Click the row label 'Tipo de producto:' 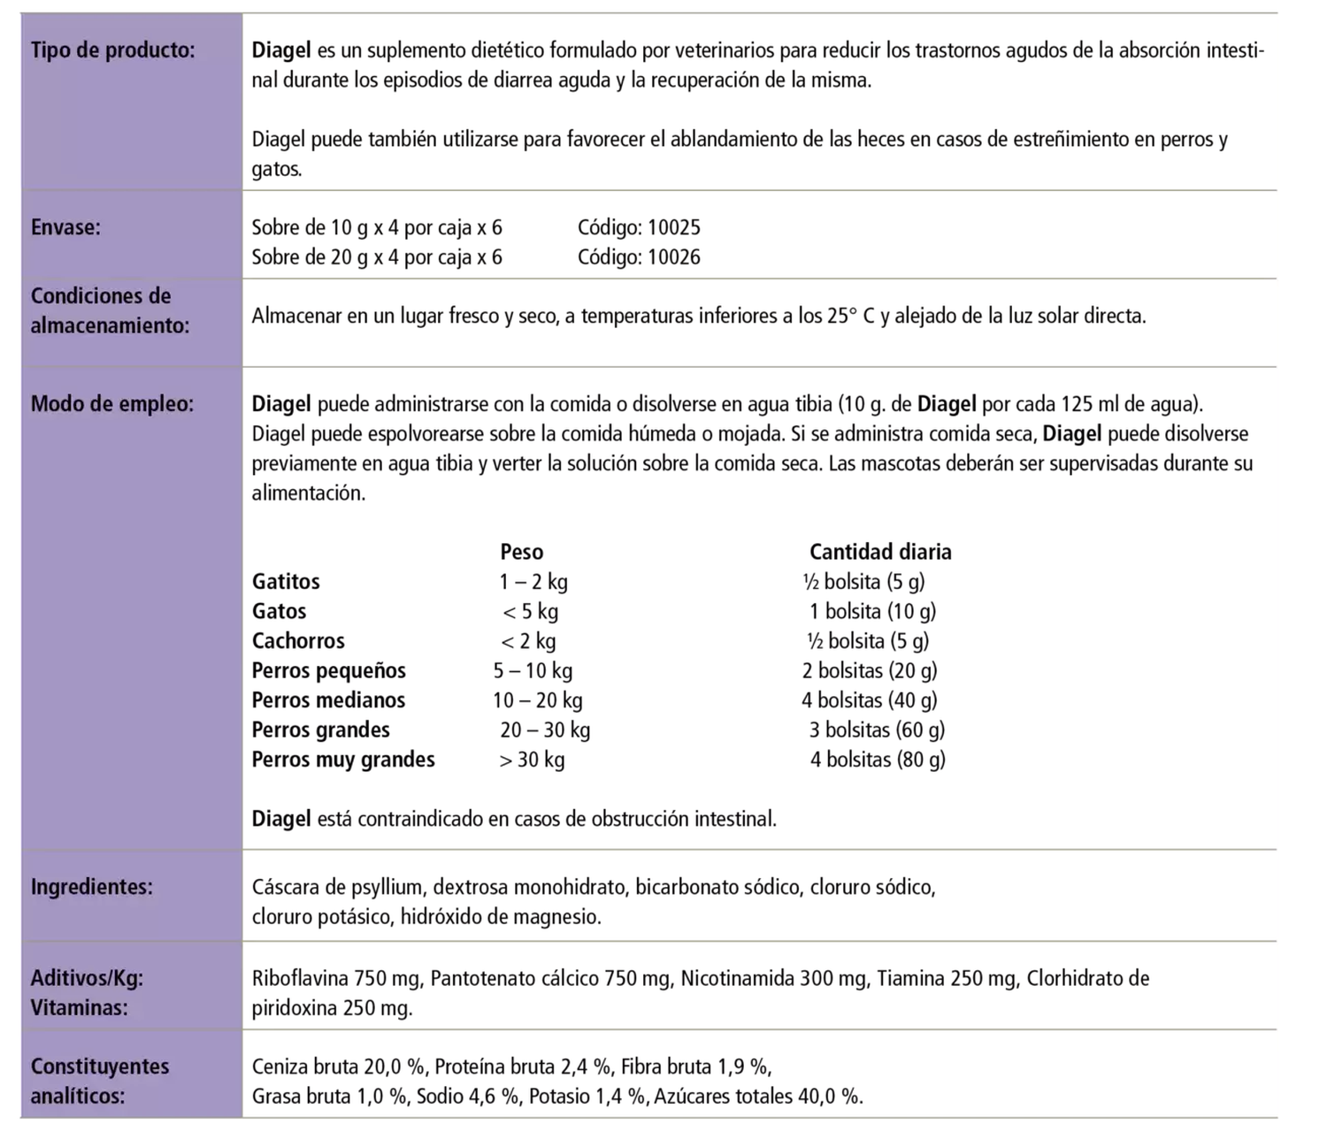click(x=112, y=50)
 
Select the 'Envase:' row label click(x=65, y=227)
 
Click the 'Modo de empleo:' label click(x=111, y=404)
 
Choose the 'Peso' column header click(x=521, y=552)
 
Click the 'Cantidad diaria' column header click(x=880, y=552)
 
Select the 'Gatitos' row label click(x=286, y=582)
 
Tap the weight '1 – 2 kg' click(x=533, y=582)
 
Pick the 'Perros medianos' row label click(x=328, y=700)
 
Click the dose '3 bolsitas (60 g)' click(x=876, y=730)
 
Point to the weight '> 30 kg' click(x=532, y=760)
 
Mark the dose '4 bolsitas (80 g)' click(x=877, y=760)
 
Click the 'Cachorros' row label click(x=298, y=641)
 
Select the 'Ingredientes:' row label click(x=91, y=887)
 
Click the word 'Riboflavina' click(x=300, y=979)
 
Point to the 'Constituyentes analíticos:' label click(x=99, y=1081)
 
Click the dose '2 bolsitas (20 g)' click(x=870, y=671)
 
